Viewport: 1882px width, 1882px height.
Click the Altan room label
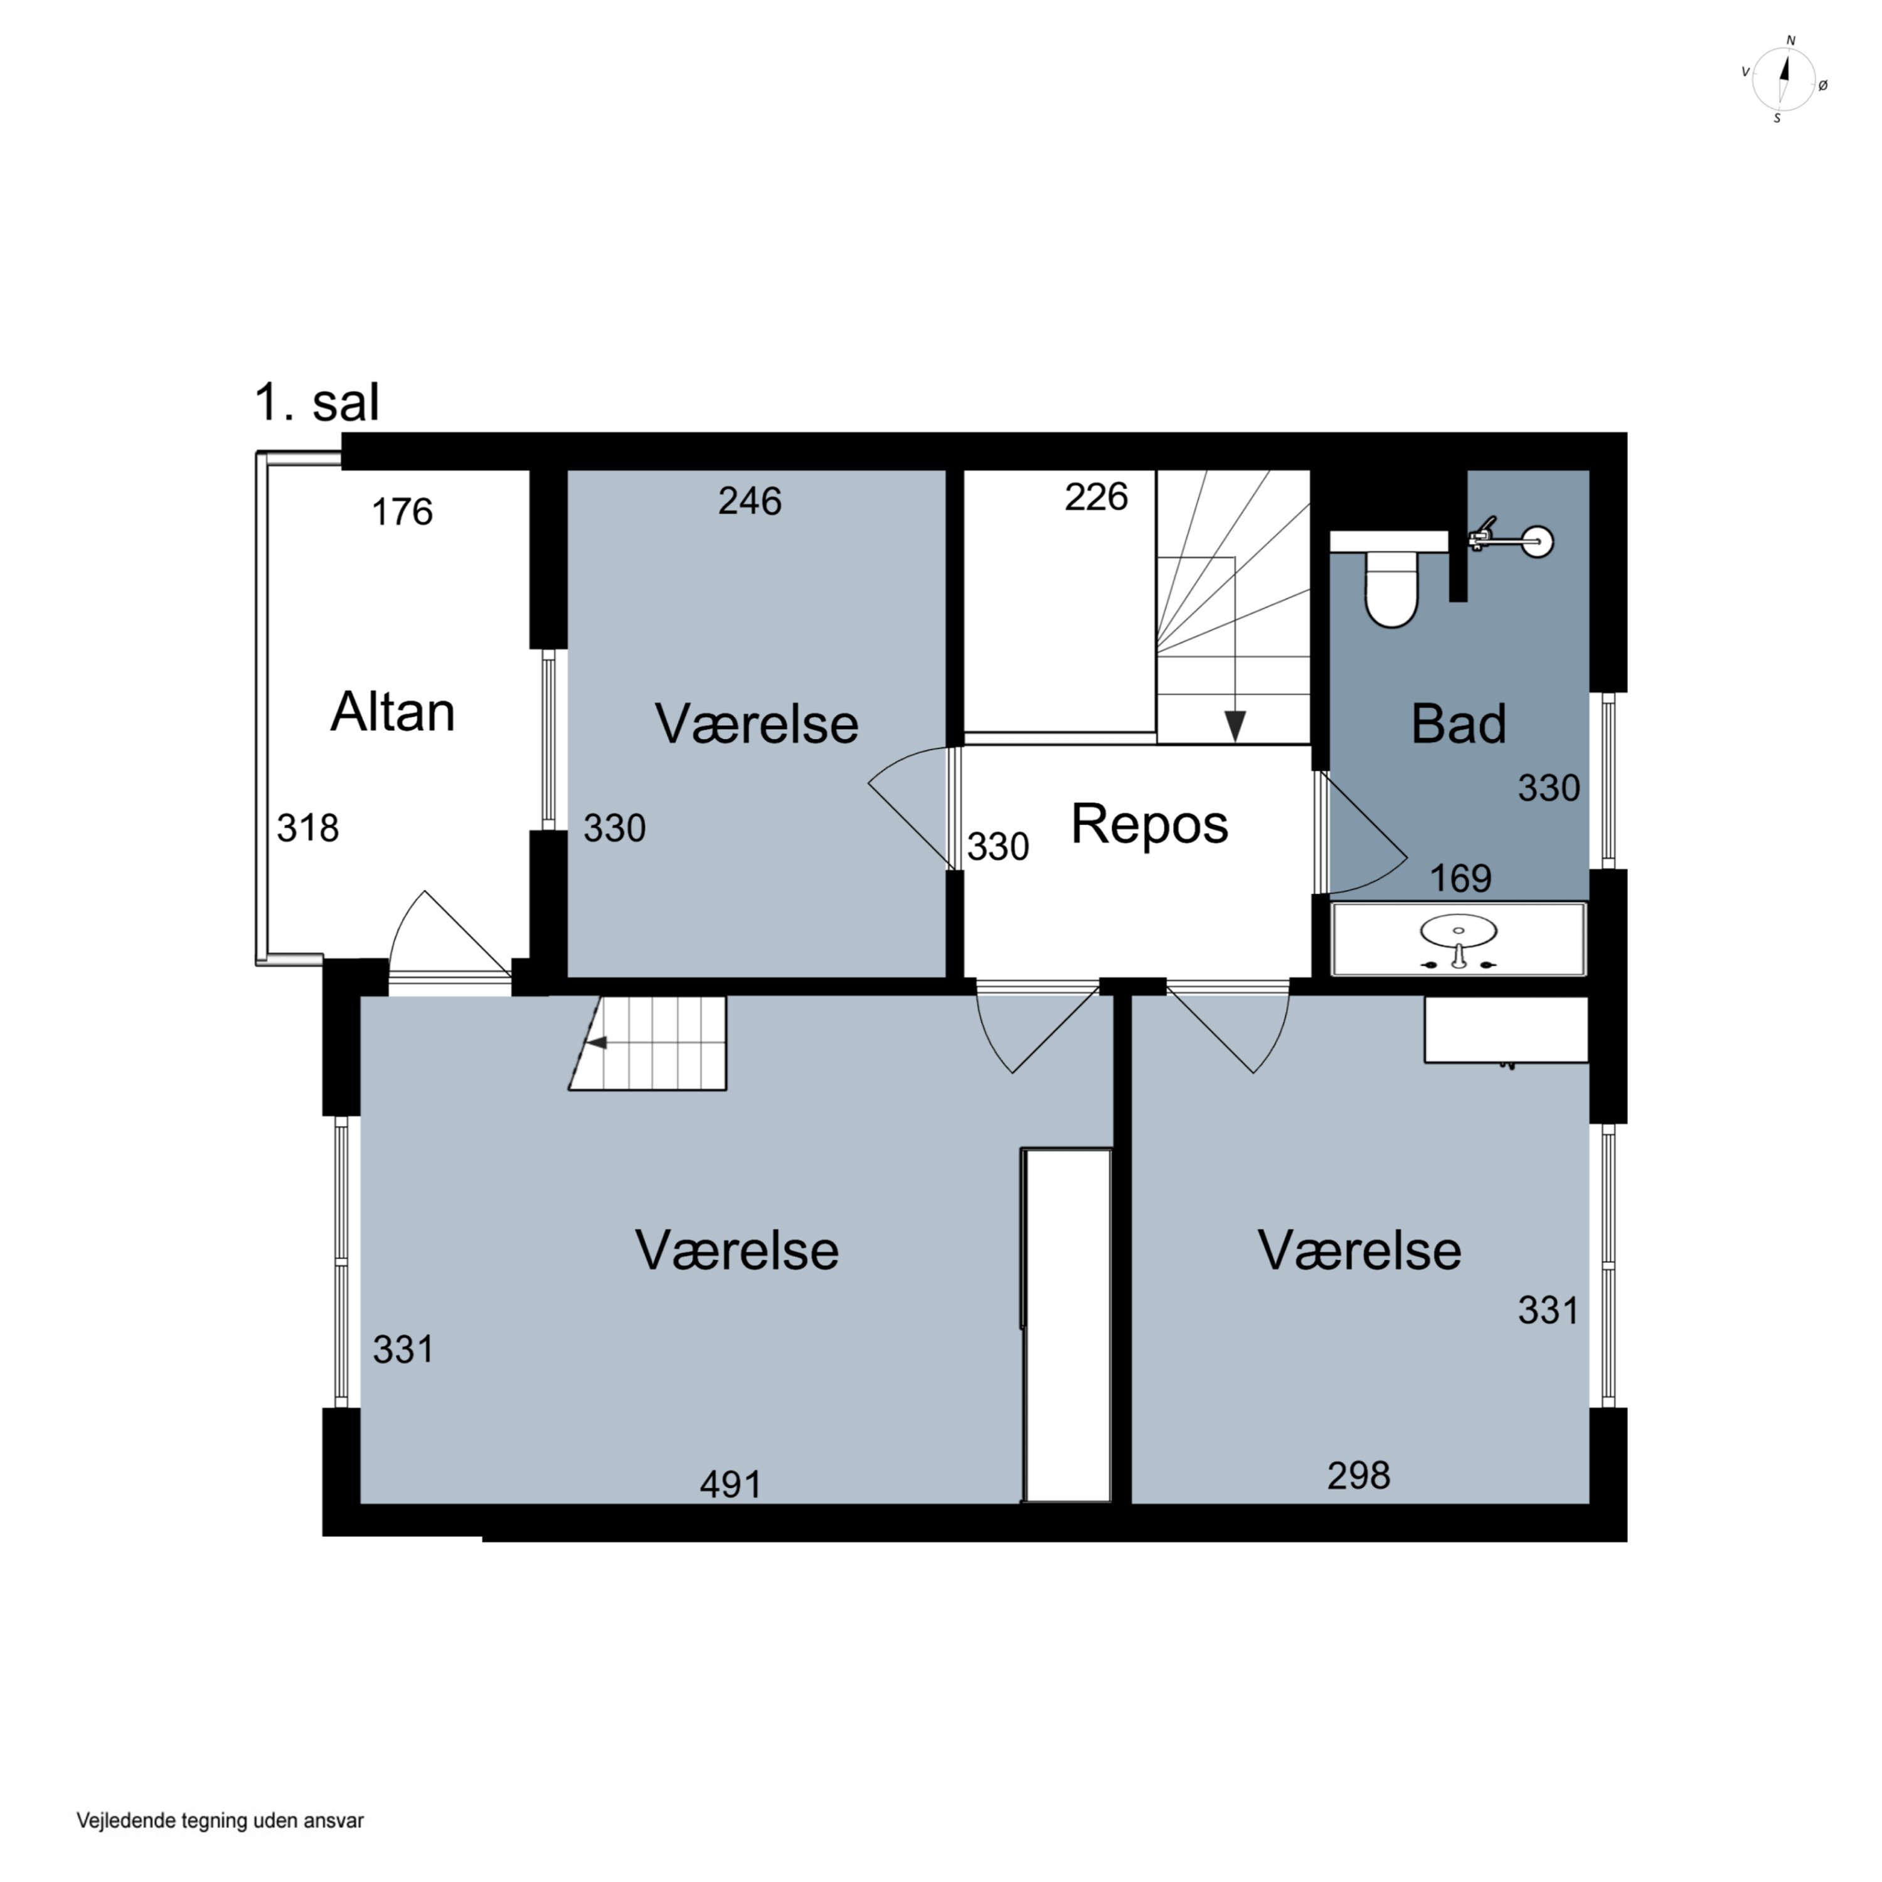point(393,712)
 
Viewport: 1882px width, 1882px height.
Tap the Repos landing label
point(1149,824)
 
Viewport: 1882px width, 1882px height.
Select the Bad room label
point(1459,724)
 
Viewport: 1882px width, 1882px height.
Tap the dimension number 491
point(731,1484)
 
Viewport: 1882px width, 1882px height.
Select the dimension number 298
point(1358,1475)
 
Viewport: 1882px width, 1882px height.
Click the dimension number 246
point(750,501)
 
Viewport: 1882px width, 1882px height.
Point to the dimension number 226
point(1096,497)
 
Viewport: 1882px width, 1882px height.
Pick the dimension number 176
point(402,511)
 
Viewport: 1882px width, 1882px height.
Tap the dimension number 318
point(308,828)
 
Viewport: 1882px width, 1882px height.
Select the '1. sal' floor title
point(317,402)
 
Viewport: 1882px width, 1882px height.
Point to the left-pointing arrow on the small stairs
point(595,1042)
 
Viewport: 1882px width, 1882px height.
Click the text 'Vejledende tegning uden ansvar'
point(220,1820)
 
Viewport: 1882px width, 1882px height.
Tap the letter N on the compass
point(1790,41)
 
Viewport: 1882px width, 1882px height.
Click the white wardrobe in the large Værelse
point(1066,1325)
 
